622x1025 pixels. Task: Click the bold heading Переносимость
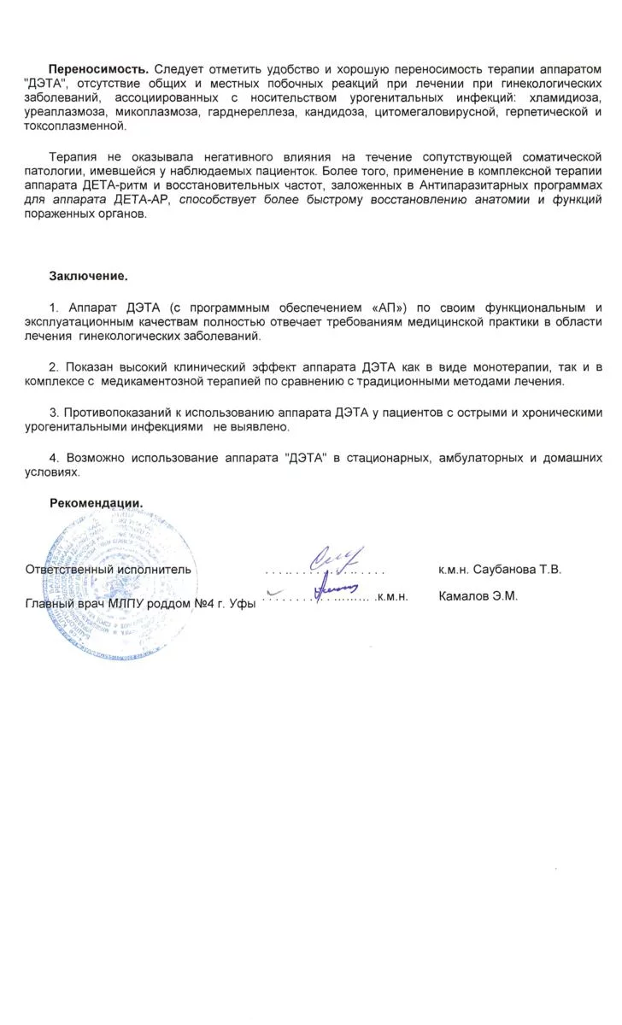pyautogui.click(x=99, y=68)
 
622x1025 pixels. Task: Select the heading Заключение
pyautogui.click(x=88, y=276)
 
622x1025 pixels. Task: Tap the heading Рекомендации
pyautogui.click(x=96, y=502)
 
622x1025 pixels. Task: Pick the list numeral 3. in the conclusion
pyautogui.click(x=54, y=412)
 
